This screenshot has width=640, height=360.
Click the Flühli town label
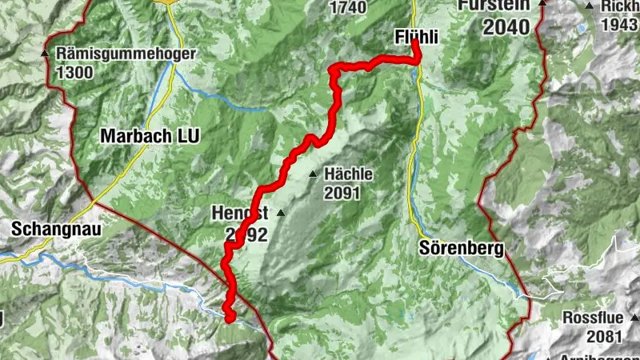(x=418, y=37)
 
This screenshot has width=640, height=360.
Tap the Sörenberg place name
(x=461, y=249)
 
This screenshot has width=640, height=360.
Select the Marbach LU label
(x=150, y=136)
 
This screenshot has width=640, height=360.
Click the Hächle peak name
(x=348, y=174)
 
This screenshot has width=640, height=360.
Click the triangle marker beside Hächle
(x=313, y=174)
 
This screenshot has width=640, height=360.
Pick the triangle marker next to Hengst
(x=280, y=214)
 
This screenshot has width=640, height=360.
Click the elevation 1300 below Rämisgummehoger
(x=75, y=72)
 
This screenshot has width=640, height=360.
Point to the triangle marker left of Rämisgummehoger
(x=45, y=54)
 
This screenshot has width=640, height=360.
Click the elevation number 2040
(x=506, y=26)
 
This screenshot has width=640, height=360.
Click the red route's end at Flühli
(x=417, y=45)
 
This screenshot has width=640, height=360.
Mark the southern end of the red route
(x=229, y=318)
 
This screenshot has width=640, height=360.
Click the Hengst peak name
(x=239, y=214)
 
